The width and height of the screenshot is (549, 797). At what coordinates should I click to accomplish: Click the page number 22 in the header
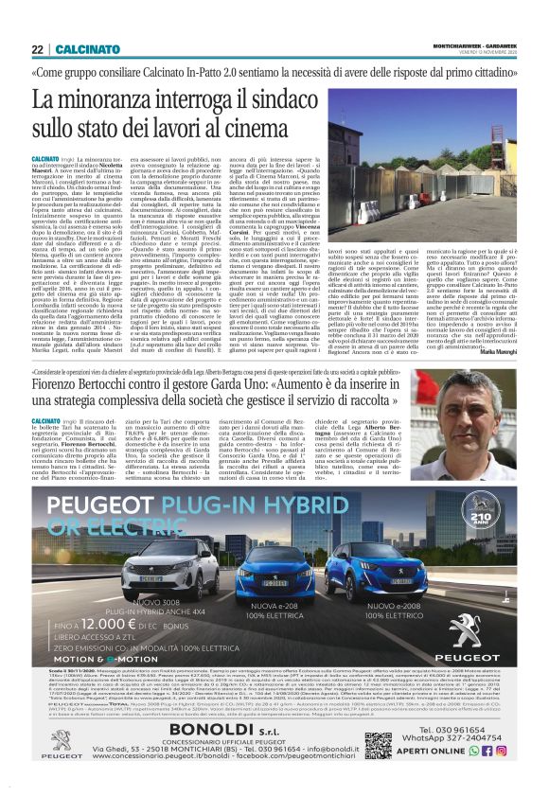tap(38, 49)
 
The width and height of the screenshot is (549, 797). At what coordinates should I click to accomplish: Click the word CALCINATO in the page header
tap(84, 49)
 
